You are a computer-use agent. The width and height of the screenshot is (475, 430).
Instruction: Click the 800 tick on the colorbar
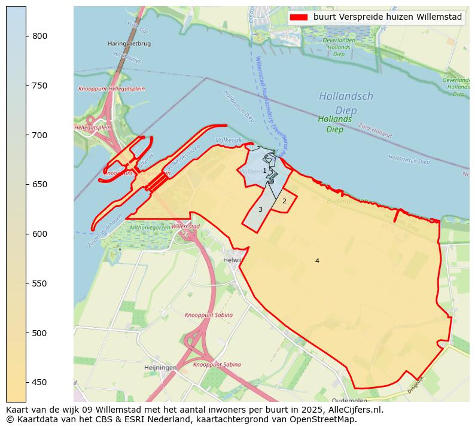coord(26,36)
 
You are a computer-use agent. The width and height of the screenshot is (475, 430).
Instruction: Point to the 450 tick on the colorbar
coord(26,382)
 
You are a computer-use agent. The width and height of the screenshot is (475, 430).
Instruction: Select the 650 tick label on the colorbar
coord(39,184)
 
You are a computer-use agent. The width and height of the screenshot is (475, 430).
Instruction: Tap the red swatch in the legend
coord(299,17)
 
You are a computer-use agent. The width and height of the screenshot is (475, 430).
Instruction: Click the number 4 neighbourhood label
coord(317,261)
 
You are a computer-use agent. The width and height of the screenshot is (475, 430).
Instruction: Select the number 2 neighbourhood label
coord(284,202)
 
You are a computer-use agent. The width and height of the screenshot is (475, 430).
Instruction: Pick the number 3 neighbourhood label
coord(260,209)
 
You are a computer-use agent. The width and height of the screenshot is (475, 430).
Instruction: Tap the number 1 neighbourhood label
coord(264,171)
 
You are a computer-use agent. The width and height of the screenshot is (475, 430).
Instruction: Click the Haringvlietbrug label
coord(129,44)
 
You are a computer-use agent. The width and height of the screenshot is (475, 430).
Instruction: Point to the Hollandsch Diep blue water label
coord(346,103)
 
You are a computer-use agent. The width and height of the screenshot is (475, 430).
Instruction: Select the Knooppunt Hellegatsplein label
coord(111,89)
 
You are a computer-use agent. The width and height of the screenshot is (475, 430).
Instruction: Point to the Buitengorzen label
coord(346,201)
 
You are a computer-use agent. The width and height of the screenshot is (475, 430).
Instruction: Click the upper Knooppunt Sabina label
coord(209,315)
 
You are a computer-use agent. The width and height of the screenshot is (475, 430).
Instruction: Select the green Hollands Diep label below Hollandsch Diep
coord(334,124)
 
